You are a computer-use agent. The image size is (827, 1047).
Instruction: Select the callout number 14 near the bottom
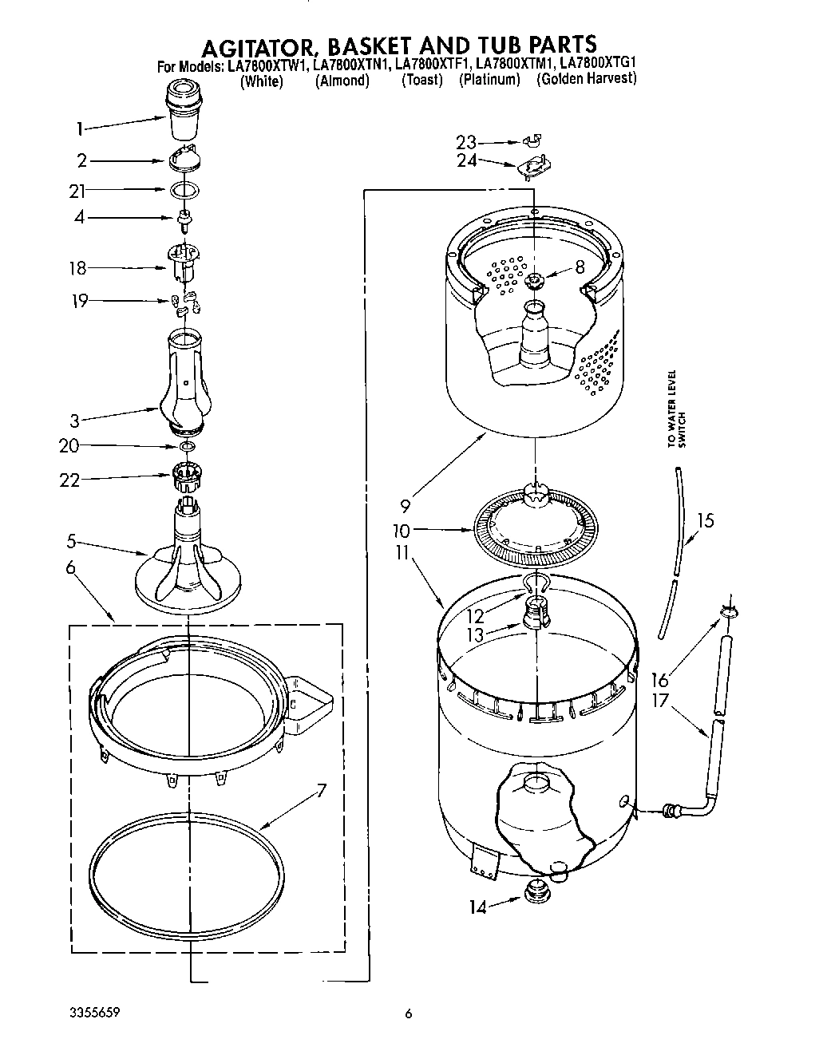pyautogui.click(x=477, y=907)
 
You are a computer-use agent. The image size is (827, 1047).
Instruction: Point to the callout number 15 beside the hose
pyautogui.click(x=705, y=520)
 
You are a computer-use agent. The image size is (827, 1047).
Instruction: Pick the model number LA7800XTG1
pyautogui.click(x=596, y=65)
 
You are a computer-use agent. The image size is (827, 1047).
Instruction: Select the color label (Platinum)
pyautogui.click(x=489, y=80)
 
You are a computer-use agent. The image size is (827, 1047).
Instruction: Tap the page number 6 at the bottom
pyautogui.click(x=409, y=1014)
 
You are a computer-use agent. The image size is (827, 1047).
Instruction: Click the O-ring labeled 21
pyautogui.click(x=184, y=190)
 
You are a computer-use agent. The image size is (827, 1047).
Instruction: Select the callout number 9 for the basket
pyautogui.click(x=405, y=504)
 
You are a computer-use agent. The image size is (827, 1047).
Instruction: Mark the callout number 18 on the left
pyautogui.click(x=77, y=268)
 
